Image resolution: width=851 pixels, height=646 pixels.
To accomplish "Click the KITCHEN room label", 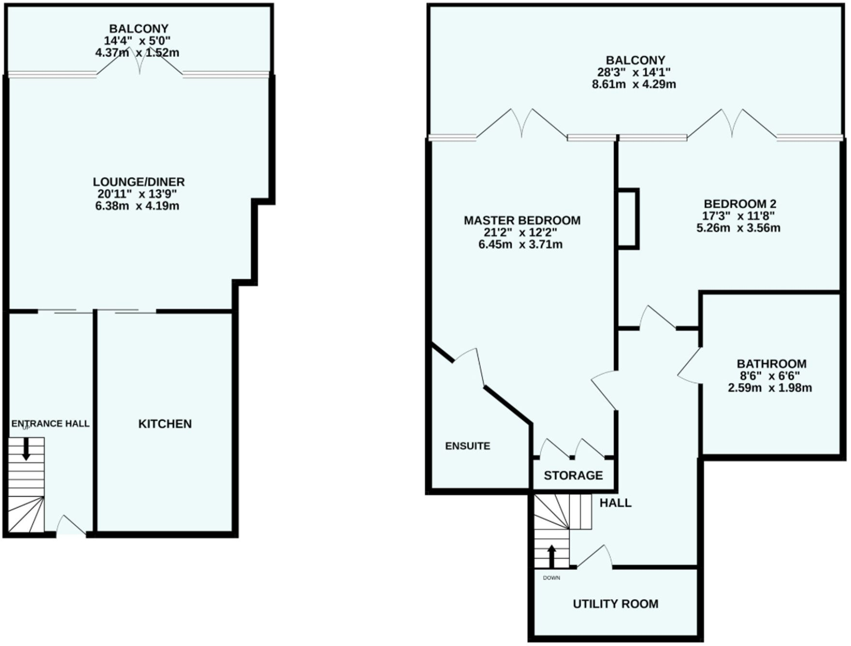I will [x=165, y=424].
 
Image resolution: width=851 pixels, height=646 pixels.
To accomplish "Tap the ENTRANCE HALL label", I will [x=50, y=424].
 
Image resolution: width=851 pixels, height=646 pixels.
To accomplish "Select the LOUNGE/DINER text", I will [x=139, y=182].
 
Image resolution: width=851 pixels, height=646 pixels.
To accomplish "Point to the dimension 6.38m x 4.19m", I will [x=137, y=206].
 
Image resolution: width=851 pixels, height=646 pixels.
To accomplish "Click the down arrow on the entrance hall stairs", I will [x=26, y=449].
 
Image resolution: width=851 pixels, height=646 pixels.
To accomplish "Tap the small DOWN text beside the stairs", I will [x=551, y=578].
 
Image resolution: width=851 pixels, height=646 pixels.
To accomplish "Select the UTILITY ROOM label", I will [x=615, y=604].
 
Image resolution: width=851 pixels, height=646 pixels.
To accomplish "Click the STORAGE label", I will [x=573, y=475].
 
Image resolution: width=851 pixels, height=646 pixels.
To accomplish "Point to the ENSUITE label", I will [x=468, y=446].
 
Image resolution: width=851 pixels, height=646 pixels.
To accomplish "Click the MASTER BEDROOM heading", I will [x=522, y=220].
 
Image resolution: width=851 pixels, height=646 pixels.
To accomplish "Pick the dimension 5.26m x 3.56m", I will [x=738, y=228].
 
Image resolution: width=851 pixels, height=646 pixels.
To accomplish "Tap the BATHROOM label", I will [x=771, y=364].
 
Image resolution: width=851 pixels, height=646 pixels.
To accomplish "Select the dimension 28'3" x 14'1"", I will [x=634, y=72].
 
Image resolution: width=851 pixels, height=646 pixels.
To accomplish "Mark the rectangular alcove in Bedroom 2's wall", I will [x=628, y=219].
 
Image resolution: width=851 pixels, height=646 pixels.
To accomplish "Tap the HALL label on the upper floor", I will [x=615, y=503].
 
